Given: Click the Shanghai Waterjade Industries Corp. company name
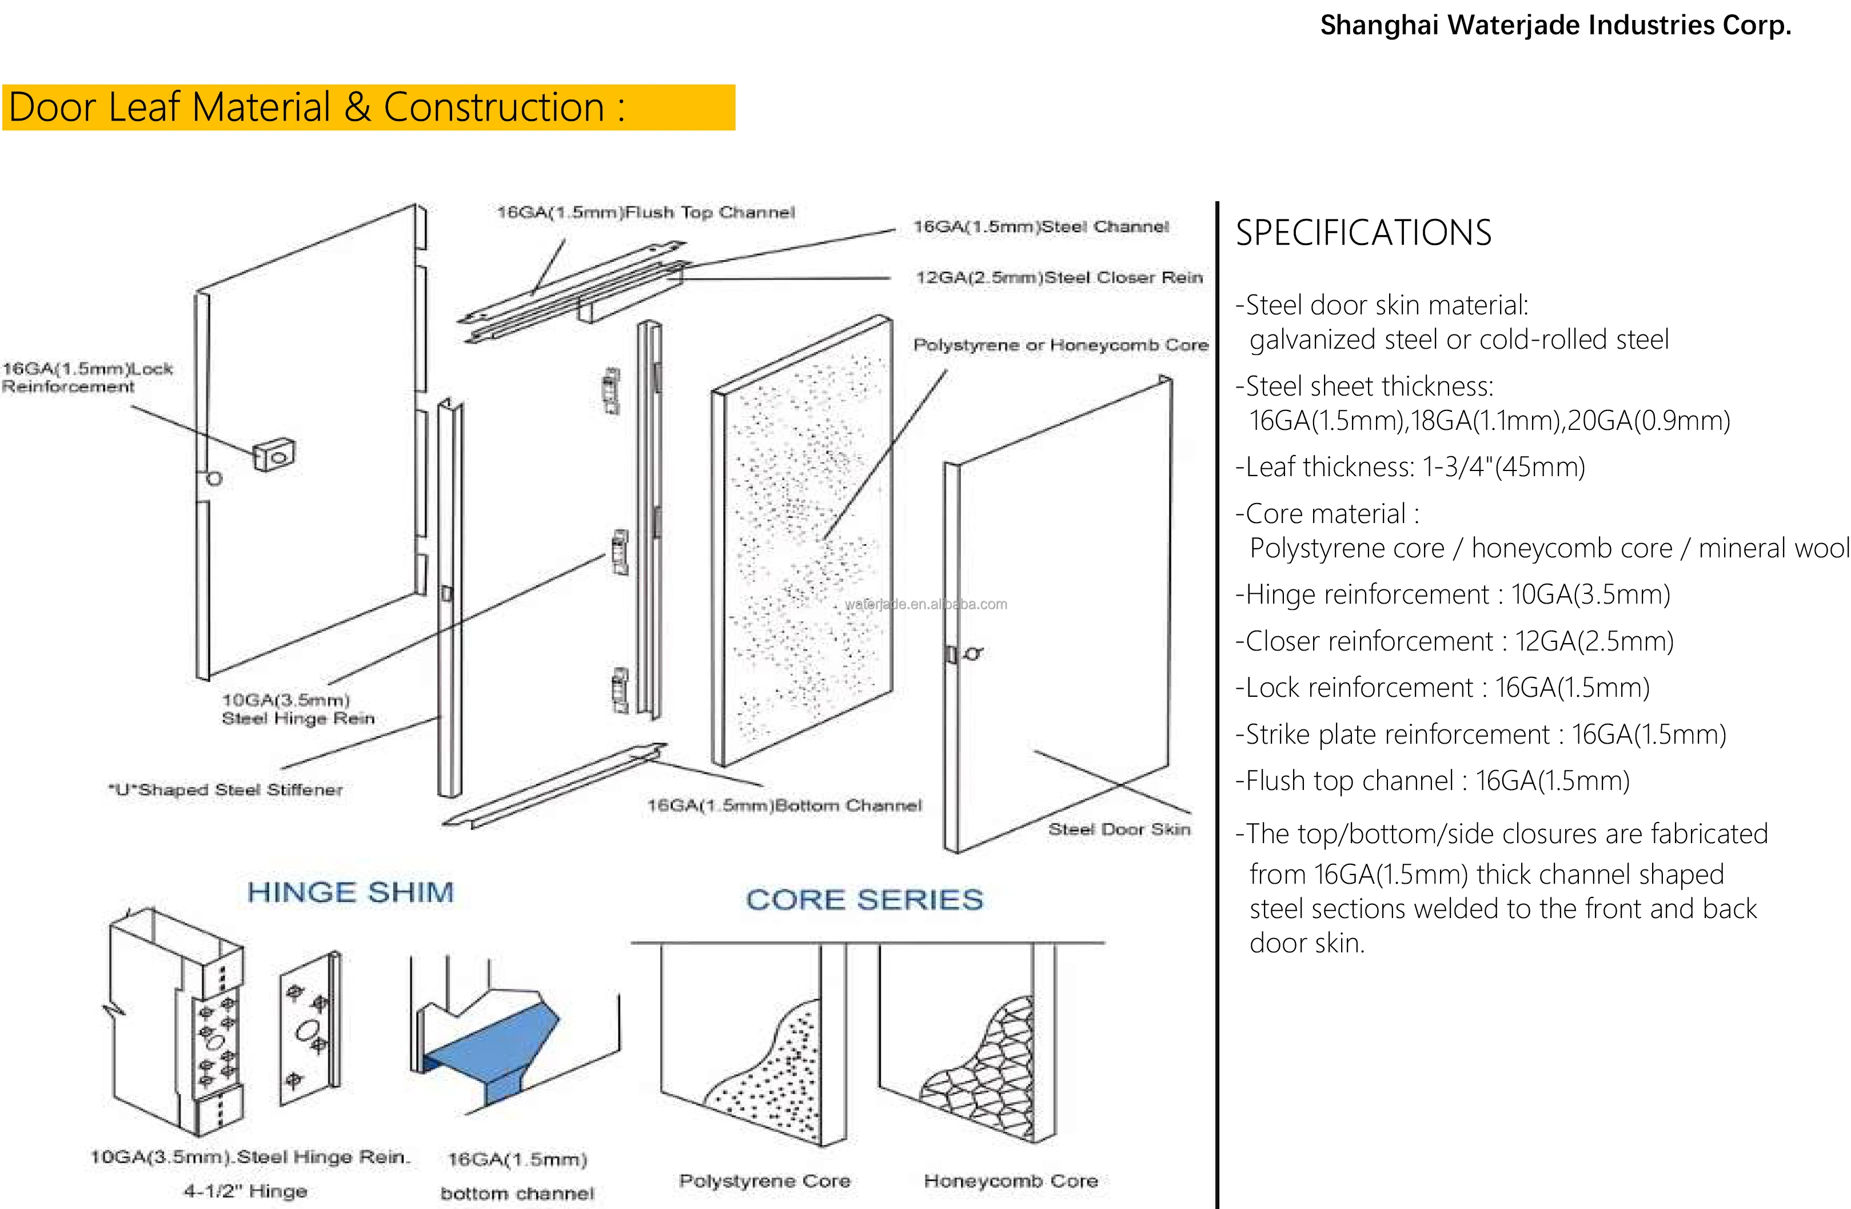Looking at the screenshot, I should (x=1555, y=26).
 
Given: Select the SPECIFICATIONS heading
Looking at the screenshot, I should (x=1363, y=233).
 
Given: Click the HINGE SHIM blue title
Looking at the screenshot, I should (x=350, y=892).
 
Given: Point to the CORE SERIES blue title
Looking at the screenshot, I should (x=864, y=900).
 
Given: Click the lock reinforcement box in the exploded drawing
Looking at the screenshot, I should (x=274, y=454).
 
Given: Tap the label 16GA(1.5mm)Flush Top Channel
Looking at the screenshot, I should (x=645, y=212).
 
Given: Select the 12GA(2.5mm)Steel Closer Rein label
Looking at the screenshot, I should (x=1059, y=278).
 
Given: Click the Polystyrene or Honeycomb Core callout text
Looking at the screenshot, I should (x=1060, y=345).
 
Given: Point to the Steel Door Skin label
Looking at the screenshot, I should (x=1118, y=829).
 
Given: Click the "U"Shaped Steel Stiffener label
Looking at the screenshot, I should (x=226, y=790).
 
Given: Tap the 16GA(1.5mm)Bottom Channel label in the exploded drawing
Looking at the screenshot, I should (x=784, y=805).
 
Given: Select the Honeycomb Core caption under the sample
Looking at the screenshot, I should (x=1010, y=1180).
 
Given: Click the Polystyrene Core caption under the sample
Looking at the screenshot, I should (x=764, y=1180).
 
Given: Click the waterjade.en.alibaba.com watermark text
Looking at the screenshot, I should (x=925, y=604).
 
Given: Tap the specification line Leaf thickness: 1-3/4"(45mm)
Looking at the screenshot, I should (x=1409, y=466).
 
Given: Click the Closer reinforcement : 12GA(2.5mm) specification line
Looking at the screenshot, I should (x=1454, y=641).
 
